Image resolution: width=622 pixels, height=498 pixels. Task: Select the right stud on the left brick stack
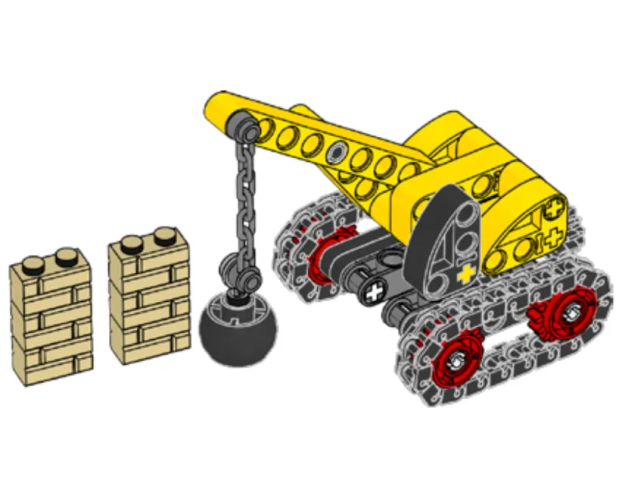tap(66, 254)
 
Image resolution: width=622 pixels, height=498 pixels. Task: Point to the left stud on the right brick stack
tap(132, 242)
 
